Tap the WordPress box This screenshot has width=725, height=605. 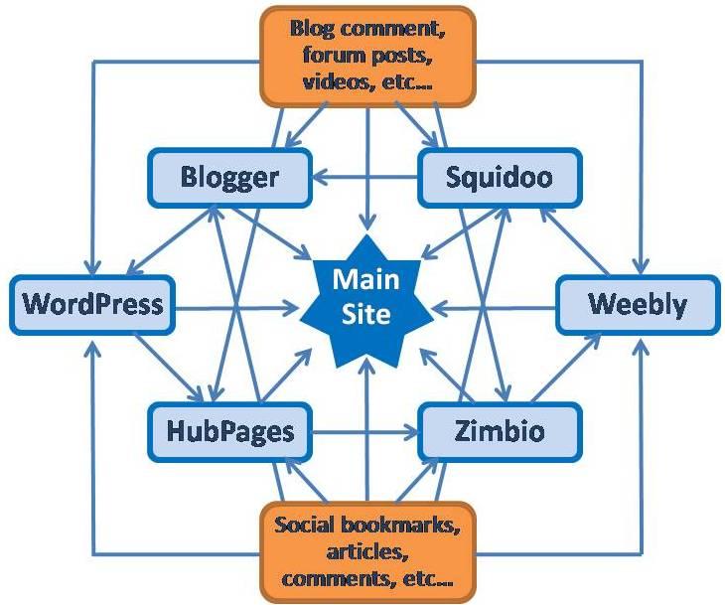coord(92,302)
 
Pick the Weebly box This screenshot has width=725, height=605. coord(637,303)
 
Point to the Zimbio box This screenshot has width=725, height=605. coord(500,431)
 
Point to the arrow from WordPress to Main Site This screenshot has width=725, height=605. coord(238,303)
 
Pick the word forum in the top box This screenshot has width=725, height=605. coord(319,55)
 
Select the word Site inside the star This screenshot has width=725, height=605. coord(363,315)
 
